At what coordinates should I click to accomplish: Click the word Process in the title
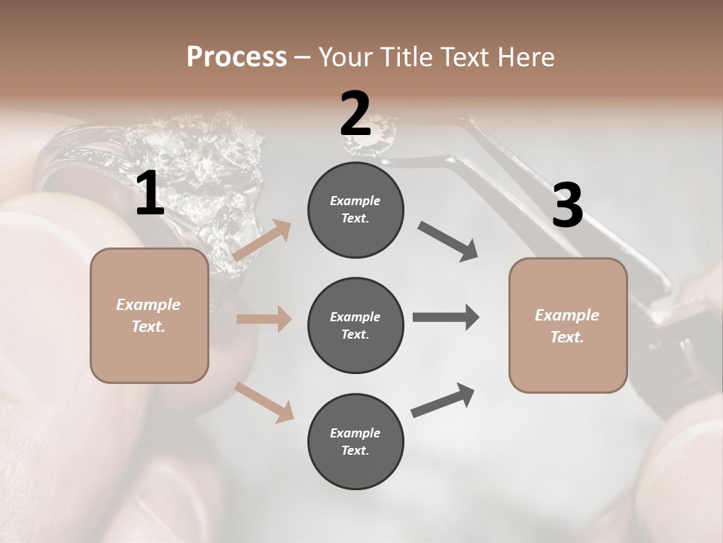pos(236,57)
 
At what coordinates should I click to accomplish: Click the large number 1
pos(151,194)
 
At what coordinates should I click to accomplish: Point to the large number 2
pos(355,114)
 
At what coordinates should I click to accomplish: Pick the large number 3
pos(567,205)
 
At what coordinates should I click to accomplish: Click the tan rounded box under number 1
pos(149,315)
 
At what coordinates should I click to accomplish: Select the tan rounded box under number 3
pos(568,326)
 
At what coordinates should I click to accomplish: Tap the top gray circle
pos(355,210)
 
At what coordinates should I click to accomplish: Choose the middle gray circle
pos(355,326)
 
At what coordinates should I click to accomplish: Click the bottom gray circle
pos(355,442)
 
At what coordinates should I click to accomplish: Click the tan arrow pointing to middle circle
pos(264,319)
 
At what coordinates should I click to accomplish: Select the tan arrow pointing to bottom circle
pos(264,401)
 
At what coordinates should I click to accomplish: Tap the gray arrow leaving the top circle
pos(448,241)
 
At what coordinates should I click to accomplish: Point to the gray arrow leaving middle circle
pos(445,318)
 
